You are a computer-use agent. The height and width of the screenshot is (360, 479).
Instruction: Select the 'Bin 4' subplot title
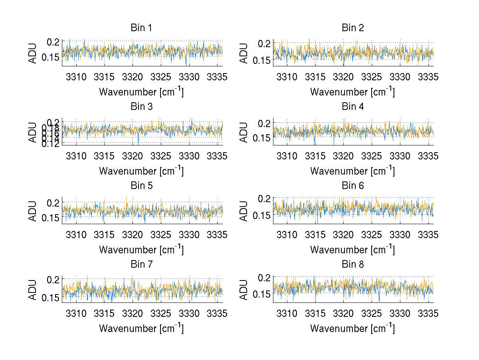click(x=352, y=107)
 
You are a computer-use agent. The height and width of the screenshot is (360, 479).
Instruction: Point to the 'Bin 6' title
click(x=352, y=186)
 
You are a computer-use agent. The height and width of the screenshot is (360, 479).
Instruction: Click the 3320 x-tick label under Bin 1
click(x=133, y=77)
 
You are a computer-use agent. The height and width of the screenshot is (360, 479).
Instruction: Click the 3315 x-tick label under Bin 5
click(x=105, y=235)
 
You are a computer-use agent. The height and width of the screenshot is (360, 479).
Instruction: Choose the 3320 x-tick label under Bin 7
click(x=133, y=313)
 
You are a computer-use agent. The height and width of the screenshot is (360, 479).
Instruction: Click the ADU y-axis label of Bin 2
click(x=244, y=53)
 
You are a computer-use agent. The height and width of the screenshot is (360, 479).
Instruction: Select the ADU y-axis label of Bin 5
click(x=33, y=211)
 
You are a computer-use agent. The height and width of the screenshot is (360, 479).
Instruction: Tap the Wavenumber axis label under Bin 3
click(x=141, y=171)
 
